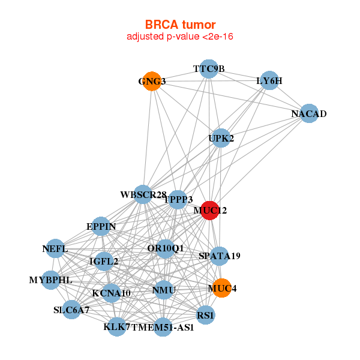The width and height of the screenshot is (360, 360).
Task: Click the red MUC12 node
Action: (x=209, y=211)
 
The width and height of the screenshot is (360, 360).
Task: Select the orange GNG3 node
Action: (x=152, y=82)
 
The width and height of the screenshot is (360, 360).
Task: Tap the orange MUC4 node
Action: (x=221, y=288)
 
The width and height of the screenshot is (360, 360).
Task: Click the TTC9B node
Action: (x=208, y=68)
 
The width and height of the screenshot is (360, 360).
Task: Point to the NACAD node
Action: (x=308, y=114)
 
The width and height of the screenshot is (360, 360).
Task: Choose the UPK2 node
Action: (x=221, y=138)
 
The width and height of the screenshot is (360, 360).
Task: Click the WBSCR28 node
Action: (x=143, y=194)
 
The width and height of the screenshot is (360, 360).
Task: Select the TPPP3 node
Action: (x=178, y=199)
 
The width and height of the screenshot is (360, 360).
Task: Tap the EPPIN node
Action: (x=101, y=226)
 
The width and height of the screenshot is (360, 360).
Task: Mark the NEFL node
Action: (x=55, y=249)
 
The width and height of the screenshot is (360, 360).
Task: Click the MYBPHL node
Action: (x=51, y=280)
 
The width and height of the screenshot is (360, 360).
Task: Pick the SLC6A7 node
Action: (x=71, y=310)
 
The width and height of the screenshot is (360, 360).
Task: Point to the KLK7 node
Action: (x=117, y=327)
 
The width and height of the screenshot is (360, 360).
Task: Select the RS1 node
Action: (x=205, y=315)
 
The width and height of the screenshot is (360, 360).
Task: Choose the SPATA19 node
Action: (x=219, y=256)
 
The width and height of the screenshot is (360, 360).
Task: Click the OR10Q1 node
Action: (x=165, y=248)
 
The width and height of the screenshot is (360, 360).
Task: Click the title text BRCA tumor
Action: (x=180, y=25)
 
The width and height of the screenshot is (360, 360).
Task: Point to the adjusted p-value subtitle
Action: (x=180, y=37)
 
